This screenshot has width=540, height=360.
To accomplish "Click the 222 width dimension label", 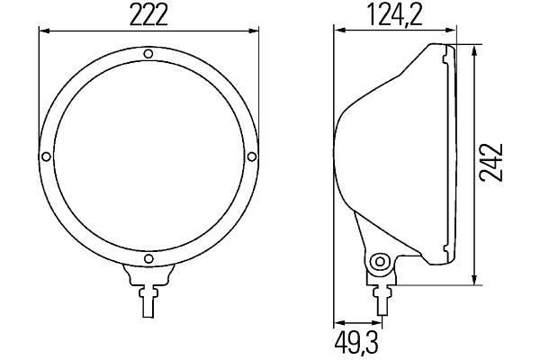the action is click(148, 15).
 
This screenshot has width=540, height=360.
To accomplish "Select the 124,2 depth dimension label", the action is click(395, 15).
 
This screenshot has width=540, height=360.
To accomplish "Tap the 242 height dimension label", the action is click(491, 162).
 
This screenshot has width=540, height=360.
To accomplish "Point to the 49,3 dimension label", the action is click(356, 342).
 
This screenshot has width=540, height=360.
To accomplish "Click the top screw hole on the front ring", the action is click(148, 54).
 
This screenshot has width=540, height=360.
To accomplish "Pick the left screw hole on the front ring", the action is click(46, 157).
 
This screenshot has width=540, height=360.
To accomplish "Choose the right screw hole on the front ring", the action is click(252, 157).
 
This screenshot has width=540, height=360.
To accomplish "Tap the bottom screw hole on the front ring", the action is click(148, 258).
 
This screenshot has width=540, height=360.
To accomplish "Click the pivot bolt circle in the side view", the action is click(380, 262).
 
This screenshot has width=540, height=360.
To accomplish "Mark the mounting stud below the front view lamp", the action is click(148, 302).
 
